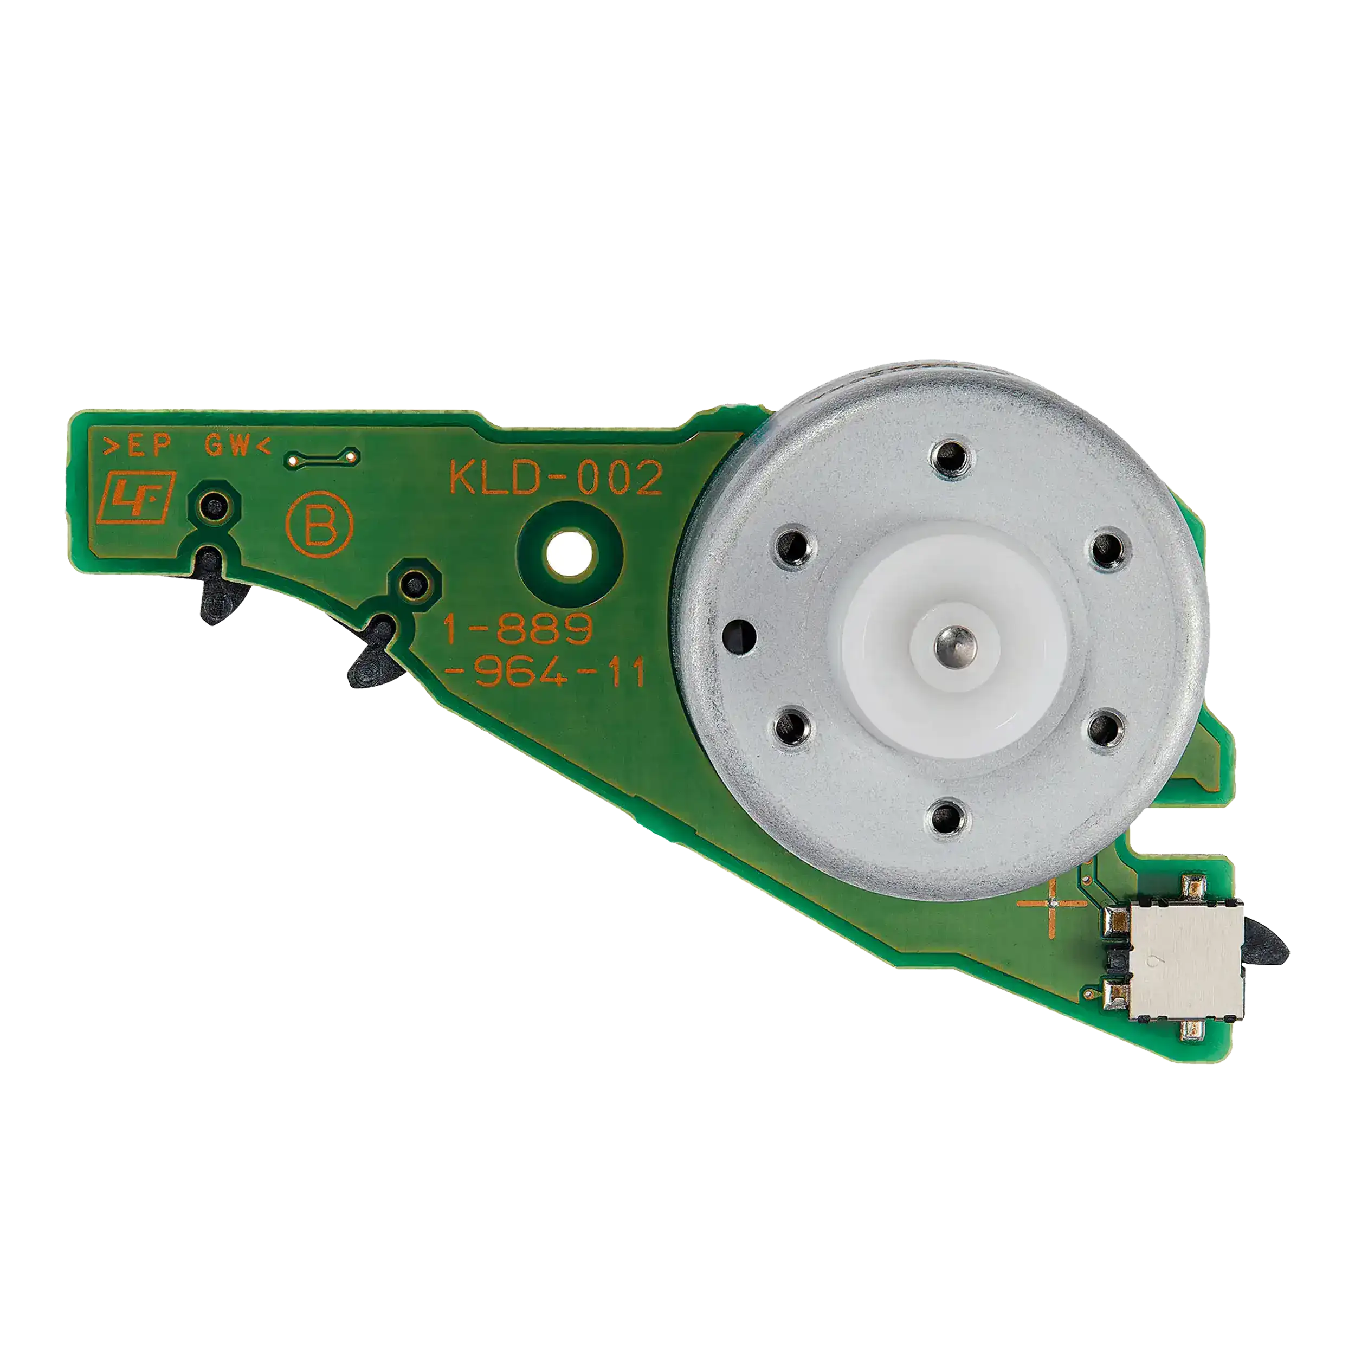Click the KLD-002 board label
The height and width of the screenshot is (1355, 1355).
tap(556, 479)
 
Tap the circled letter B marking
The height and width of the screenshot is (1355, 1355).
tap(319, 526)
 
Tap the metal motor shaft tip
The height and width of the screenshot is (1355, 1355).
tap(954, 639)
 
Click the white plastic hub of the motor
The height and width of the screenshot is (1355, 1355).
tap(954, 639)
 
